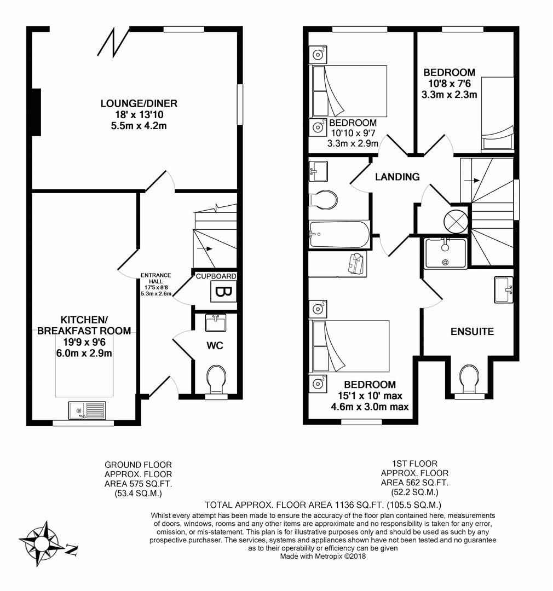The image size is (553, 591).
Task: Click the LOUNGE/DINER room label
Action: pos(139,103)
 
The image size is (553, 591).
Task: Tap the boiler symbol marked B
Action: pos(223,291)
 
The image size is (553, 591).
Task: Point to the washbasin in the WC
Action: pos(216,323)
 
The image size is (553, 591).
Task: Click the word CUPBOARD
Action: pos(216,276)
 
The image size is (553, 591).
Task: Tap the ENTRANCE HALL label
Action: pos(156,278)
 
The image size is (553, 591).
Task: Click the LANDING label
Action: pos(397,177)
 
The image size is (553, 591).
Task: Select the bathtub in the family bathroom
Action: pos(340,234)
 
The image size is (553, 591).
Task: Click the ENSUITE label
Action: pos(473,331)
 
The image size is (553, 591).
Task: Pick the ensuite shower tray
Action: pos(446,253)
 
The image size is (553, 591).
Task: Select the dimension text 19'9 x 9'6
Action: pos(84,342)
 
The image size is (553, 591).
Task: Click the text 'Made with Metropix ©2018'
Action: pos(323,556)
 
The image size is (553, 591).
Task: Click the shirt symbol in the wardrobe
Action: pos(356,263)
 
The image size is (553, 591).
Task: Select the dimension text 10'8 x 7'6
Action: pos(450,83)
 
